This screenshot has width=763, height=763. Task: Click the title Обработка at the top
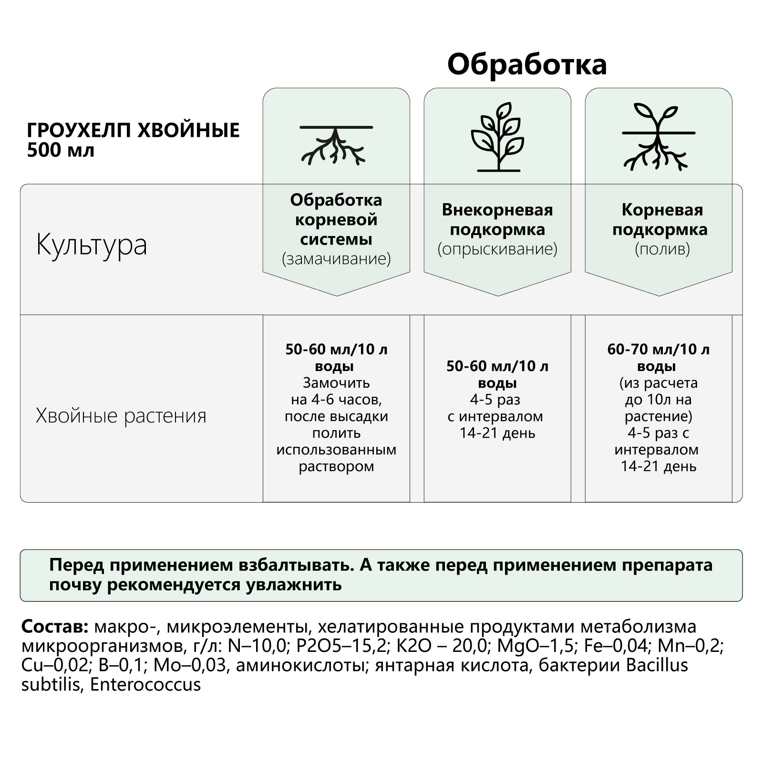pos(526,65)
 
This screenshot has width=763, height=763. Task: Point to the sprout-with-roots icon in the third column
pos(658,137)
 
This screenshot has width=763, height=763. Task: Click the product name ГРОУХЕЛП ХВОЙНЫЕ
pos(133,130)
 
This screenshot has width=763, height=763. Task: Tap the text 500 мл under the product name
pos(61,150)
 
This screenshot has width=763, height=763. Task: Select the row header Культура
pos(92,245)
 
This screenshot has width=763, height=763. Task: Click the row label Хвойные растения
pos(121,416)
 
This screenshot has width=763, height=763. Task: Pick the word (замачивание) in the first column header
pos(336,259)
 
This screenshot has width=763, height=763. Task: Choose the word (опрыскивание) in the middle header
pos(497,249)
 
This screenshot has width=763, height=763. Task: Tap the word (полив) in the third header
pos(662,249)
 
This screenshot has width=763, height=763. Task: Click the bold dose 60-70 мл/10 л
pos(658,350)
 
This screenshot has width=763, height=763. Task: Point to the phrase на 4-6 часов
pos(336,399)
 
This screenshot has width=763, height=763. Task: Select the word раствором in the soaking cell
pos(336,466)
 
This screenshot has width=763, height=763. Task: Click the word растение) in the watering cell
pos(658,416)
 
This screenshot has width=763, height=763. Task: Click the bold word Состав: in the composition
pos(55,626)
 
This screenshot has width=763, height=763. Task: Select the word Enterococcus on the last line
pos(145,685)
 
